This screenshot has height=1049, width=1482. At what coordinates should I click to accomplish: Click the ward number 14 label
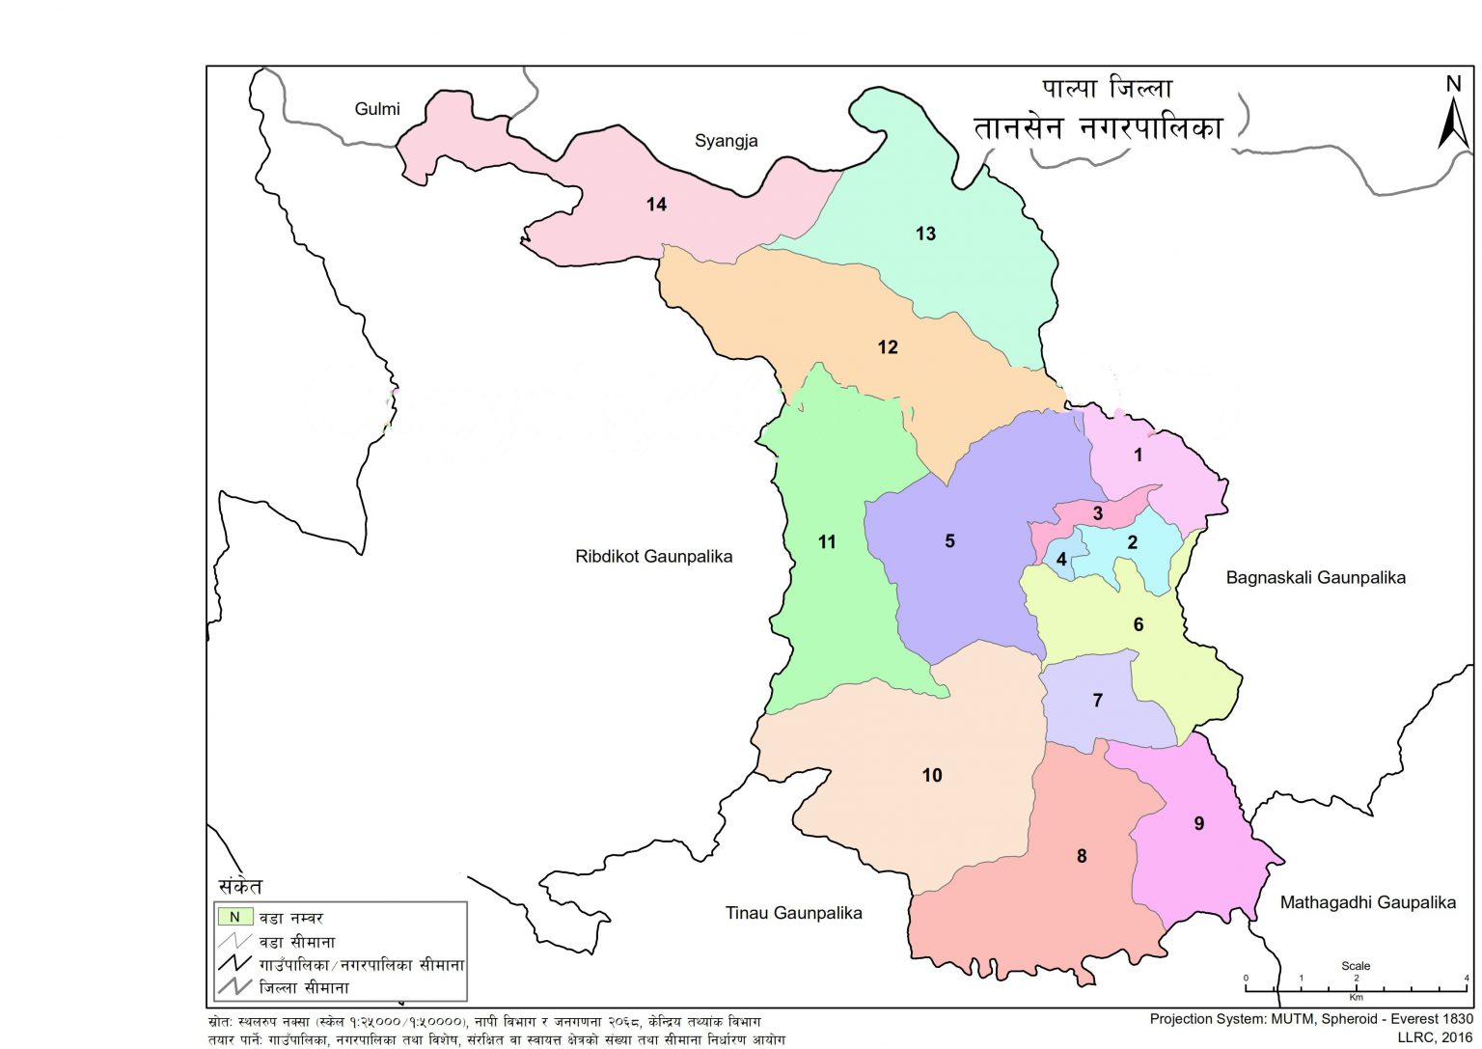pyautogui.click(x=656, y=205)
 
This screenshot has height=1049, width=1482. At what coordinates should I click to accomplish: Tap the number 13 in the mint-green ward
pyautogui.click(x=925, y=234)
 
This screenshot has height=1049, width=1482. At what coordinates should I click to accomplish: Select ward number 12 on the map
pyautogui.click(x=888, y=347)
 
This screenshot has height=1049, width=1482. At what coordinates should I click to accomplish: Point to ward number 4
pyautogui.click(x=1061, y=559)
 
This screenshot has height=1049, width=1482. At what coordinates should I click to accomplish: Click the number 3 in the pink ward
pyautogui.click(x=1097, y=513)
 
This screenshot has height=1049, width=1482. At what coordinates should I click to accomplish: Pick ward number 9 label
pyautogui.click(x=1198, y=823)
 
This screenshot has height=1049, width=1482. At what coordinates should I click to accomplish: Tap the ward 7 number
pyautogui.click(x=1097, y=700)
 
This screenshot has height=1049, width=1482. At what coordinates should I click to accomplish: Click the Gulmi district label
pyautogui.click(x=377, y=109)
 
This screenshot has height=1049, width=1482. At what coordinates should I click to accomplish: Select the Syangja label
pyautogui.click(x=726, y=141)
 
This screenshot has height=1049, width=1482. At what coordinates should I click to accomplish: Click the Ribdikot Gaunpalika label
pyautogui.click(x=653, y=557)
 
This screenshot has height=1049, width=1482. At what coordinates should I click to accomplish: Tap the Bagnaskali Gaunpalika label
pyautogui.click(x=1315, y=578)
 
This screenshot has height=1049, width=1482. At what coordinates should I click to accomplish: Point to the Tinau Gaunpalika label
pyautogui.click(x=793, y=913)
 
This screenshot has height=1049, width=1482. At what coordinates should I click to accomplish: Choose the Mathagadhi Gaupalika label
pyautogui.click(x=1367, y=903)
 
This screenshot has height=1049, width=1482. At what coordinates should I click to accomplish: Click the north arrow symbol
pyautogui.click(x=1452, y=114)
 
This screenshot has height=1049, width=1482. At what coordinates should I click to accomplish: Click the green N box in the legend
pyautogui.click(x=234, y=918)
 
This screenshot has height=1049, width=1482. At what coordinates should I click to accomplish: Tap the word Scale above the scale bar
pyautogui.click(x=1355, y=966)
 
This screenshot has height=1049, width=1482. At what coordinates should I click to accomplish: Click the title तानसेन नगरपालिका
pyautogui.click(x=1098, y=128)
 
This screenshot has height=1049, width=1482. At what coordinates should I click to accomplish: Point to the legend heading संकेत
pyautogui.click(x=240, y=886)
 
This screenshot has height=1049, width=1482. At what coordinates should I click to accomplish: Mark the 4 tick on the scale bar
pyautogui.click(x=1467, y=979)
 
